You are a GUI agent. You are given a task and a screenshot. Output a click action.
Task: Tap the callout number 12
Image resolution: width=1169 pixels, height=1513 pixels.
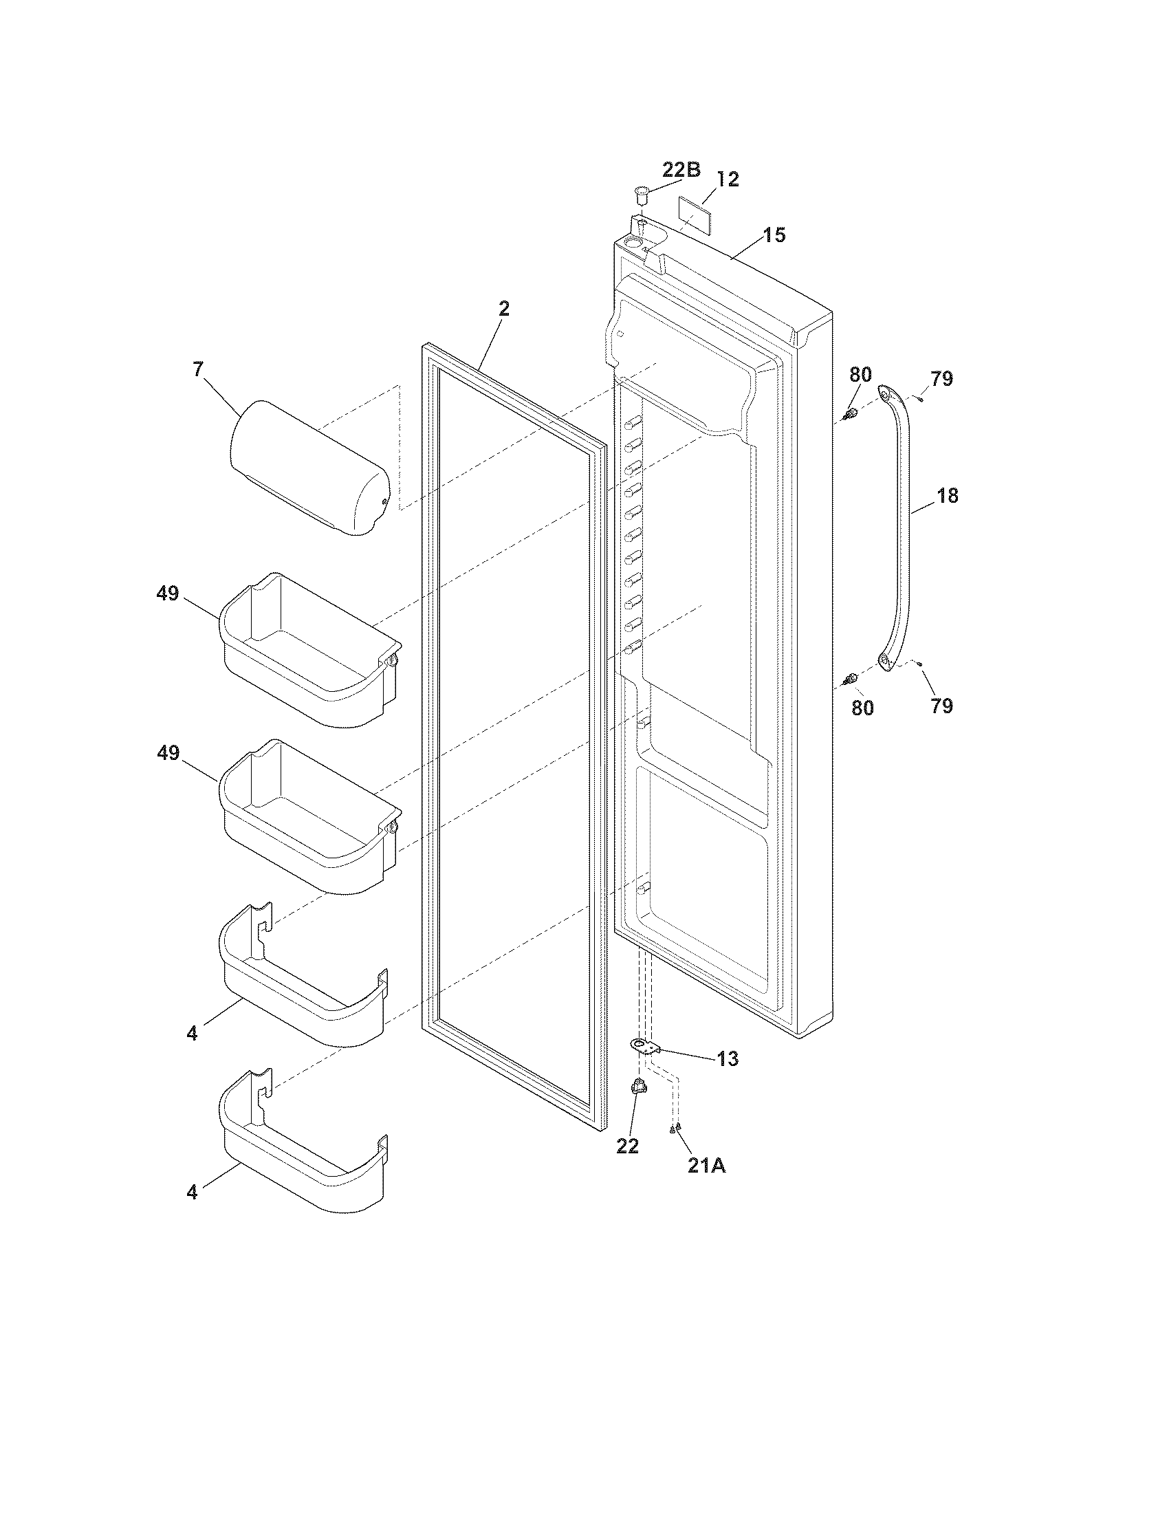click(x=728, y=179)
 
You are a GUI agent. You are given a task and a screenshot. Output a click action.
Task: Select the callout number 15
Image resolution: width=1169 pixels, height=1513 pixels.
click(x=775, y=235)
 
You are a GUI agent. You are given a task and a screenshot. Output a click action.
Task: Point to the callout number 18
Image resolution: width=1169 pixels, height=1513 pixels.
click(x=948, y=496)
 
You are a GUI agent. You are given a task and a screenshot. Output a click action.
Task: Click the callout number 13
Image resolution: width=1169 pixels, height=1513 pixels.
click(x=728, y=1058)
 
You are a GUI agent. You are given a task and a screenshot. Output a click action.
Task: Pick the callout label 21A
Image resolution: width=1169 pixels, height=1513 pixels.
click(x=706, y=1166)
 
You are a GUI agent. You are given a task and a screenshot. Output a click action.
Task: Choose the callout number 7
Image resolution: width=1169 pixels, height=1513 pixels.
click(x=198, y=369)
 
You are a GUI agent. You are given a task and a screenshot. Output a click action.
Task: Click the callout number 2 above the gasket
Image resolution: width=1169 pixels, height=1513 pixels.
click(x=504, y=309)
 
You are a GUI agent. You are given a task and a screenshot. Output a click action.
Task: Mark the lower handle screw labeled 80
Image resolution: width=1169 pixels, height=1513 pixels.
click(x=851, y=677)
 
